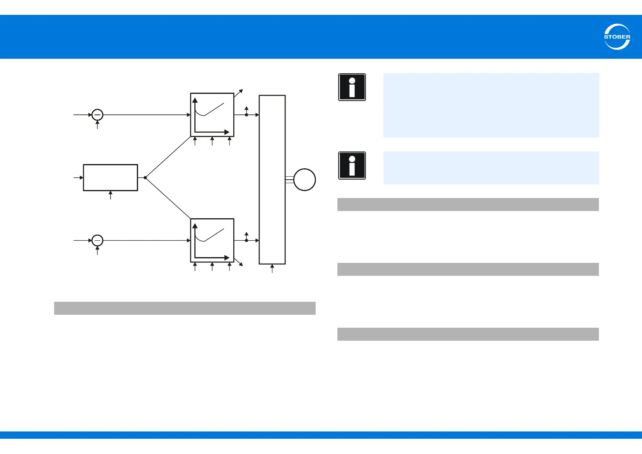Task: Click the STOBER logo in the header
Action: [617, 37]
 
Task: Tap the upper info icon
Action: [352, 87]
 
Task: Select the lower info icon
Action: [352, 166]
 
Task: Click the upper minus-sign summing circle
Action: [98, 115]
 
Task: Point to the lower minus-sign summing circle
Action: [98, 240]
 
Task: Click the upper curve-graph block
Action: [212, 115]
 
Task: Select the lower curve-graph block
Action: [212, 240]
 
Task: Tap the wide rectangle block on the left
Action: [111, 178]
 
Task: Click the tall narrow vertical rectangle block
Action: [272, 179]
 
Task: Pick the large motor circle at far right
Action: [305, 180]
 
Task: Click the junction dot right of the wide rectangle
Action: [145, 178]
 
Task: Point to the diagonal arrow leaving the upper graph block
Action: [239, 93]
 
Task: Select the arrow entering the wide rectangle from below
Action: [111, 195]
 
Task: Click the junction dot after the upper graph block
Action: [246, 115]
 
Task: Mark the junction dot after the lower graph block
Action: [246, 240]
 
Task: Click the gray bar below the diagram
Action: [185, 308]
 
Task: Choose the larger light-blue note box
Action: [491, 105]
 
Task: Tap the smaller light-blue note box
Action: [491, 168]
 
